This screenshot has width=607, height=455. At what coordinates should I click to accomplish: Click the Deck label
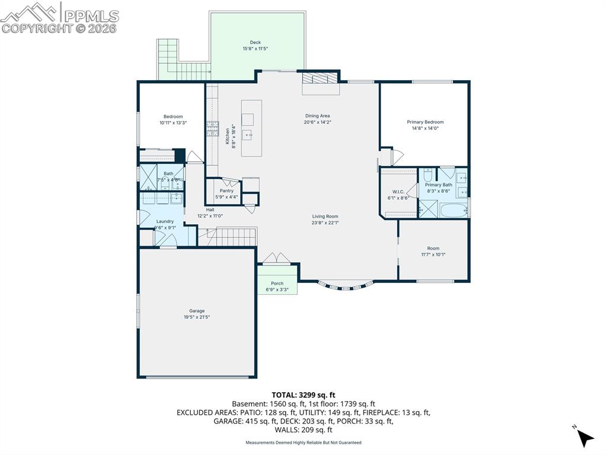pyautogui.click(x=255, y=42)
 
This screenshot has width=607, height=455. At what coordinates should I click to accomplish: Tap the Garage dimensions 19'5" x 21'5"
pyautogui.click(x=197, y=317)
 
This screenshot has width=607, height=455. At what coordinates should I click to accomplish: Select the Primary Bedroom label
pyautogui.click(x=425, y=122)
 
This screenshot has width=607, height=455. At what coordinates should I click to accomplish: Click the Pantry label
pyautogui.click(x=226, y=190)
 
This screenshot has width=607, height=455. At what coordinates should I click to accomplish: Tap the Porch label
pyautogui.click(x=277, y=284)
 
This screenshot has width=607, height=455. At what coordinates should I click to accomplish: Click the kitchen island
pyautogui.click(x=251, y=128)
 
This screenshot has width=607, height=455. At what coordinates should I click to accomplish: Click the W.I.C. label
pyautogui.click(x=398, y=192)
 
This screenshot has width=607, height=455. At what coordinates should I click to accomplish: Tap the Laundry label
pyautogui.click(x=165, y=221)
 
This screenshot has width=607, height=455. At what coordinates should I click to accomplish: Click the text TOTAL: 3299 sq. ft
pyautogui.click(x=303, y=394)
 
